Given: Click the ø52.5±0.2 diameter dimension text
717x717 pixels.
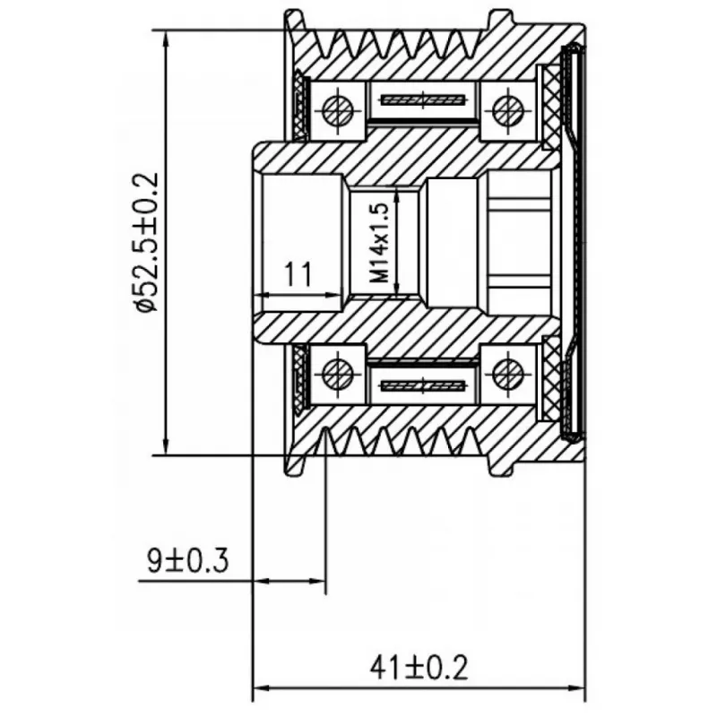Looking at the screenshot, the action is pyautogui.click(x=147, y=242).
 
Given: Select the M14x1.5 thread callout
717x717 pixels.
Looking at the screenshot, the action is pyautogui.click(x=379, y=242).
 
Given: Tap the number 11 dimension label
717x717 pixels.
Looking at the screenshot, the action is pyautogui.click(x=298, y=274).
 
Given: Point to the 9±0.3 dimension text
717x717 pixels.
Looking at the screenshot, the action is pyautogui.click(x=187, y=561).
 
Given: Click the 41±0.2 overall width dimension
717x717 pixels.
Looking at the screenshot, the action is pyautogui.click(x=419, y=667).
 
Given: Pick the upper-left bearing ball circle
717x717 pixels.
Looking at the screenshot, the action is pyautogui.click(x=339, y=109).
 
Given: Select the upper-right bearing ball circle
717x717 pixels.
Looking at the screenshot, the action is pyautogui.click(x=507, y=109).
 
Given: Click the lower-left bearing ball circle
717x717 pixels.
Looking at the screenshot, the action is pyautogui.click(x=339, y=374).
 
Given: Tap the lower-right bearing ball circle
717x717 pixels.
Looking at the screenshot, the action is pyautogui.click(x=507, y=374).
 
